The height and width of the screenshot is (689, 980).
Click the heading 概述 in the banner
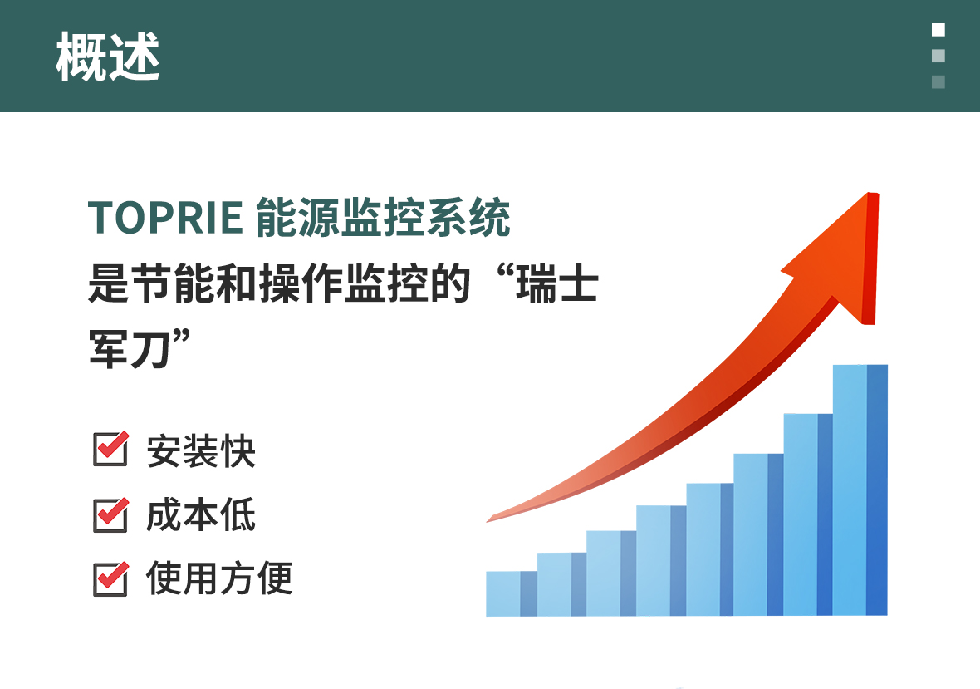(x=107, y=57)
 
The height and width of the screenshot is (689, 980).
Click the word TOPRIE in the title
(x=165, y=218)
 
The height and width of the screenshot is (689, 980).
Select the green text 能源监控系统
(x=383, y=217)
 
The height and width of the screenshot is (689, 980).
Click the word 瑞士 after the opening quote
(x=557, y=283)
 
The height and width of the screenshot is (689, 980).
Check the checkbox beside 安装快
(x=110, y=448)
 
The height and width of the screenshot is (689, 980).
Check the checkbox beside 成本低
(x=110, y=514)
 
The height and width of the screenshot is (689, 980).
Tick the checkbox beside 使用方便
(x=110, y=578)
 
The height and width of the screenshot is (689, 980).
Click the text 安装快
(x=201, y=450)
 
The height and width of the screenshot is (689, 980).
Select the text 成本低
(x=201, y=515)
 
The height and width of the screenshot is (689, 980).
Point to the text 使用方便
(x=218, y=578)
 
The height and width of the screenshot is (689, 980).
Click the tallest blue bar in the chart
(x=860, y=490)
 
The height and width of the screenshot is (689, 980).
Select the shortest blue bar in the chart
(x=512, y=593)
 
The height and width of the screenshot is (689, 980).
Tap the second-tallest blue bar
(x=808, y=514)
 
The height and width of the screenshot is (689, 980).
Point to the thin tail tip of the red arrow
(x=488, y=520)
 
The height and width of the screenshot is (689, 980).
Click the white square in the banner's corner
(x=938, y=29)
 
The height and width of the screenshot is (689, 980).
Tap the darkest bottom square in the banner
(x=938, y=82)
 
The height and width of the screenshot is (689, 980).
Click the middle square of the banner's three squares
(x=938, y=56)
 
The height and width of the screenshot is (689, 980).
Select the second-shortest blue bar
(x=562, y=584)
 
